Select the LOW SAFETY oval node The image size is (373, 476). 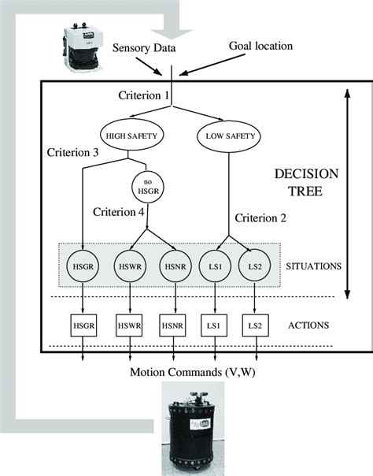229,134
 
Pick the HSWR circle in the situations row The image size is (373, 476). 131,266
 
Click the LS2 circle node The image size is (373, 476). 256,266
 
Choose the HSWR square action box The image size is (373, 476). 131,325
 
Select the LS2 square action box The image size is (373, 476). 256,325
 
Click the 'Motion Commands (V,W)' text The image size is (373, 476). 186,371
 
